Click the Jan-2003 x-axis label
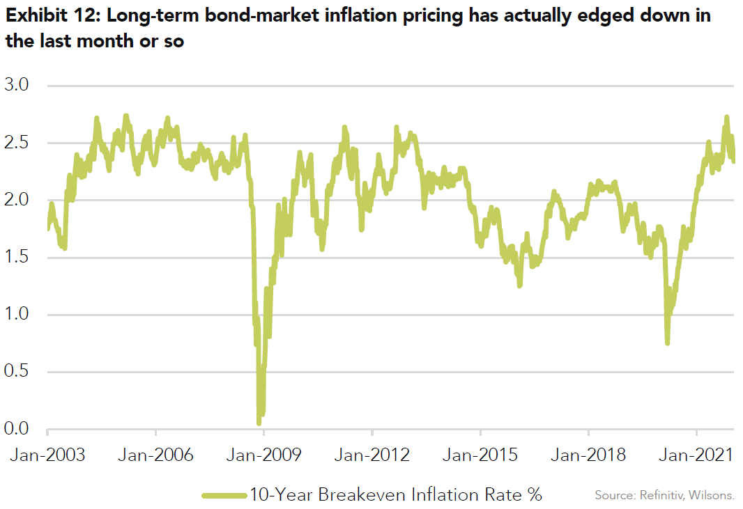tap(47, 455)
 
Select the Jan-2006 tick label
tap(155, 455)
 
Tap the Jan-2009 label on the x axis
tap(264, 455)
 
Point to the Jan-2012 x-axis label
tap(372, 455)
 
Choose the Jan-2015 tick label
tap(480, 455)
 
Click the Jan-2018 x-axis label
tap(588, 455)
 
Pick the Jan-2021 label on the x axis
tap(697, 455)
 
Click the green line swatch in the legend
tap(224, 495)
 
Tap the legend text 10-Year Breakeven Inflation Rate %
tap(395, 494)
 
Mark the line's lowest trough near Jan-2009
tap(259, 421)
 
